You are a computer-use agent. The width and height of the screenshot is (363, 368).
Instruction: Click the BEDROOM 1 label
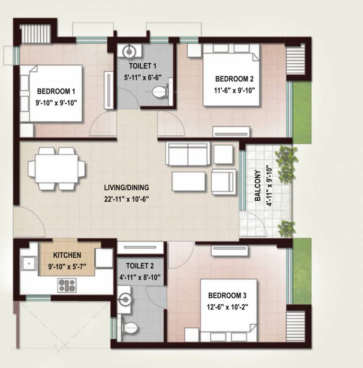56,91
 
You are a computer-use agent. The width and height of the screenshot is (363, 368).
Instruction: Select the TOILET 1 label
142,65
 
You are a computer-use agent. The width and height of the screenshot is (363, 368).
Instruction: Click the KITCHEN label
67,255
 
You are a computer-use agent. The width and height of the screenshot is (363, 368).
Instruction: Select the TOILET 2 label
140,265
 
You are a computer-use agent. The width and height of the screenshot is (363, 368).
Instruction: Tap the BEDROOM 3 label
227,296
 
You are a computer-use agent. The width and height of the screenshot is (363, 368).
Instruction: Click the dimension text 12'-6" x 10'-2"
227,305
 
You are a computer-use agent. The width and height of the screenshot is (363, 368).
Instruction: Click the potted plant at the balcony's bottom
286,227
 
